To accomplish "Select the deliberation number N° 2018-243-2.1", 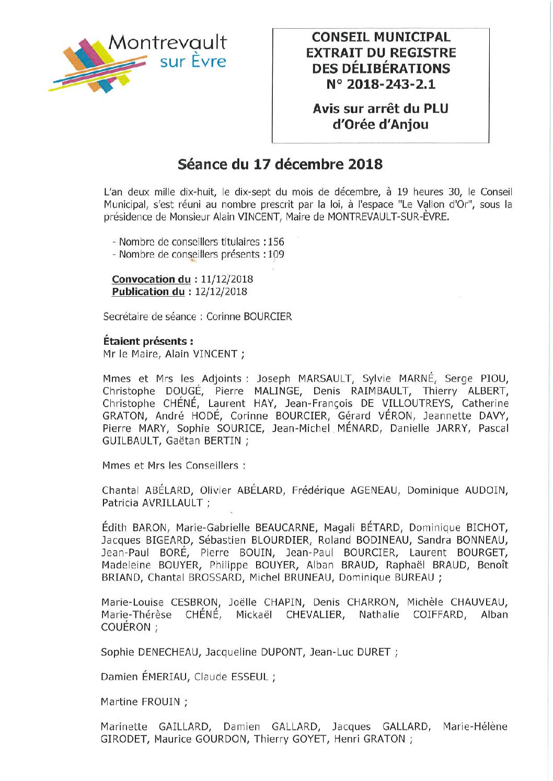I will pos(381,84).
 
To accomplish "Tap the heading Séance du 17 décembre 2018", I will pos(280,164).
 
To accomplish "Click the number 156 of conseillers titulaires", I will pos(276,242).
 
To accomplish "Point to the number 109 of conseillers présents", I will pos(276,254).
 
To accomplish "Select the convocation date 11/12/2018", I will pos(227,279).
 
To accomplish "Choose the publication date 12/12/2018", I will pos(221,292).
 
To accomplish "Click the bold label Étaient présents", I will pos(148,341).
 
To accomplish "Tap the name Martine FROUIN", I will pos(140,702).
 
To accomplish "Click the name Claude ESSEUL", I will pos(231,677).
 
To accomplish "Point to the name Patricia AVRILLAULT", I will pos(152,503).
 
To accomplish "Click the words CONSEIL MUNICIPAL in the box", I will pos(381,37).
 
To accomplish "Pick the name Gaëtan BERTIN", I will pos(204,441).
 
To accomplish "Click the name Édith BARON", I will pos(135,528).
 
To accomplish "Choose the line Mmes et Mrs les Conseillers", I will pos(174,465).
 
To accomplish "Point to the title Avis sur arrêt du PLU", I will pos(381,109).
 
